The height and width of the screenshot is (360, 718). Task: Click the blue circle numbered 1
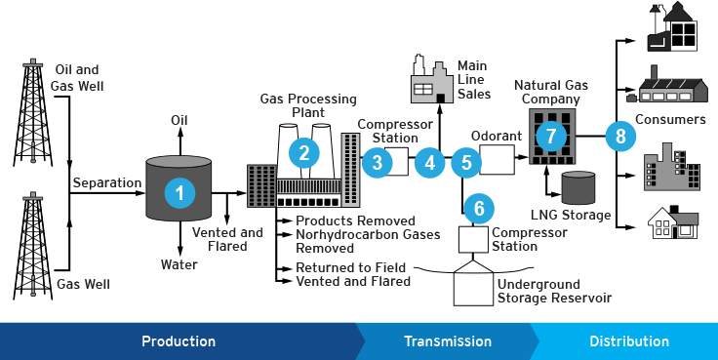(179, 192)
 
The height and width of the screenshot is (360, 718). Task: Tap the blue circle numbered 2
(304, 152)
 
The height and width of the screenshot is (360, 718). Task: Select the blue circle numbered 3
(378, 163)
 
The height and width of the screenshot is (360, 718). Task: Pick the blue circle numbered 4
(429, 163)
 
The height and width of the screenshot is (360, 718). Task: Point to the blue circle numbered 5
(466, 163)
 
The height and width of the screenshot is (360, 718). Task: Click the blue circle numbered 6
(478, 208)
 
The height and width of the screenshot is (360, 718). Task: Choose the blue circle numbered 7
(551, 136)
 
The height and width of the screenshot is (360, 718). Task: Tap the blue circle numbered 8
(619, 136)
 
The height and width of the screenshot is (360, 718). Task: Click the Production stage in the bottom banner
(179, 341)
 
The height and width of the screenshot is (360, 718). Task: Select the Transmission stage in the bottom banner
(448, 341)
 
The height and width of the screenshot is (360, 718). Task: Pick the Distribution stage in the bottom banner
(629, 341)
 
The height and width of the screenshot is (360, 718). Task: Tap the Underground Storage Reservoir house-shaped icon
(473, 284)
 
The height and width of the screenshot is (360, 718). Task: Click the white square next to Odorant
(497, 159)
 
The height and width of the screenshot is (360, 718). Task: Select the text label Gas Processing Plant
(307, 105)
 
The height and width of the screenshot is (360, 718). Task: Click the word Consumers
(669, 120)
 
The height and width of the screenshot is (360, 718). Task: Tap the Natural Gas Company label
(552, 93)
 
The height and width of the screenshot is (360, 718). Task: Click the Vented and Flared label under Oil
(227, 239)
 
